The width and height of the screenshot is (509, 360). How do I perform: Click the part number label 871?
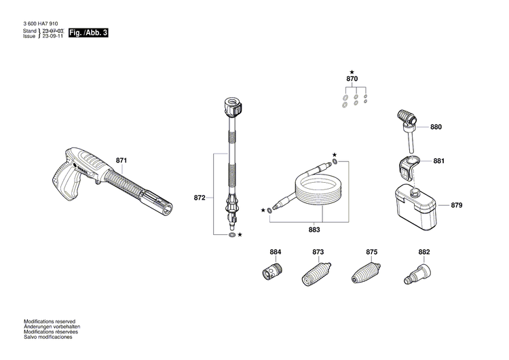[x=121, y=161]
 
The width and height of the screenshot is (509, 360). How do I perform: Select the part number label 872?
[x=199, y=198]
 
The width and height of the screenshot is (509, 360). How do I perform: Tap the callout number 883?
[x=314, y=230]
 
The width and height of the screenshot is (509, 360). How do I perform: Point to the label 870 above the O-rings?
[x=352, y=79]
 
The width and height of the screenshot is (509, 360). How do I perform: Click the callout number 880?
[x=436, y=127]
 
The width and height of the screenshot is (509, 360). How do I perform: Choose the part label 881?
[x=438, y=162]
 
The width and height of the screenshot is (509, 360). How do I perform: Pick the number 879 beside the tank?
[x=457, y=204]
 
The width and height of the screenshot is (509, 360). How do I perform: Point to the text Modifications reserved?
[x=50, y=321]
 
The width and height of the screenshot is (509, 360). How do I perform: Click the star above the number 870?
[x=352, y=71]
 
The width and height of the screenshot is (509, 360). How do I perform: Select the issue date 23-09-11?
[x=52, y=37]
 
